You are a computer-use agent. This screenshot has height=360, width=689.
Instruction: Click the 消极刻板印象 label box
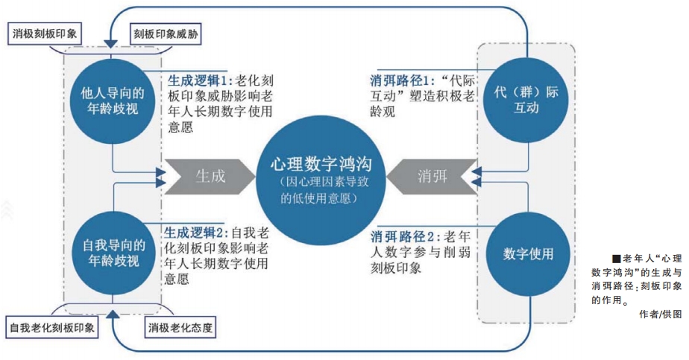click(46, 34)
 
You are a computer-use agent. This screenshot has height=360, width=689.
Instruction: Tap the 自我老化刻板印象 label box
click(52, 327)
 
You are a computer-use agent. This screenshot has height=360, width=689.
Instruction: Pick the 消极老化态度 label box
click(177, 327)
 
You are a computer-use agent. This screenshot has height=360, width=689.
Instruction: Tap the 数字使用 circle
click(528, 252)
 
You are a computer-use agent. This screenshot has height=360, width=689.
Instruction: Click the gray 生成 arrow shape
click(207, 176)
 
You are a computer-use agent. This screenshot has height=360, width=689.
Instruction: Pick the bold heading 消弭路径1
click(403, 79)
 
